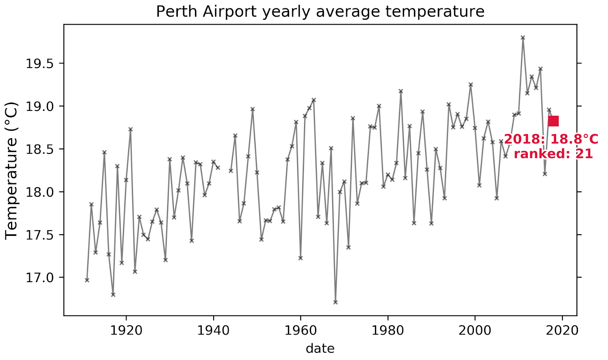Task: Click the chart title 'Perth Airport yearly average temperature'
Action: (320, 12)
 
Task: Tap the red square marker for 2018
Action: (553, 121)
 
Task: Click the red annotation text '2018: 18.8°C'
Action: (551, 139)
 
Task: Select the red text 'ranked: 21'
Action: (553, 154)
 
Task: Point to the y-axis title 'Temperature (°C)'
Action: (11, 171)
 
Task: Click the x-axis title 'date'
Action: (320, 348)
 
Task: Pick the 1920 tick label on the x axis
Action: (126, 330)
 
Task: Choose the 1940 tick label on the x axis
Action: (213, 330)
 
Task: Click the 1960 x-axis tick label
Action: (301, 330)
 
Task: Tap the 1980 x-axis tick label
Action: (388, 330)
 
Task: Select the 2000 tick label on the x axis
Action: (475, 330)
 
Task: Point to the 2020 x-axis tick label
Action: (562, 330)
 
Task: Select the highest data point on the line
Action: (523, 38)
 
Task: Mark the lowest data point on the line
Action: (335, 302)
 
